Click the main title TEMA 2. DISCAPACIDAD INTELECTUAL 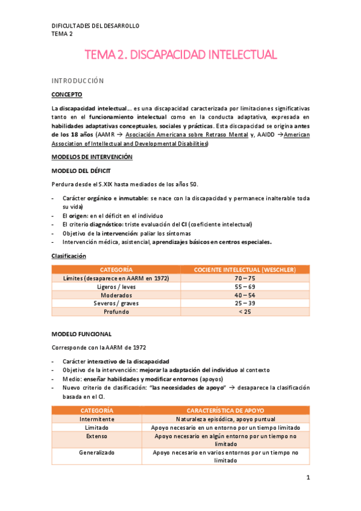pos(181,55)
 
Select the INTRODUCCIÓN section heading pos(77,81)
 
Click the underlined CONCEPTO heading pos(67,95)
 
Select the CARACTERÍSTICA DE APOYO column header pos(225,410)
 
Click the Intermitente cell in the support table pos(96,419)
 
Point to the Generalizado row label pos(96,452)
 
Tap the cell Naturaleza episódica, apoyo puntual pos(225,419)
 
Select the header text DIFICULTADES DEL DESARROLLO pos(95,26)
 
